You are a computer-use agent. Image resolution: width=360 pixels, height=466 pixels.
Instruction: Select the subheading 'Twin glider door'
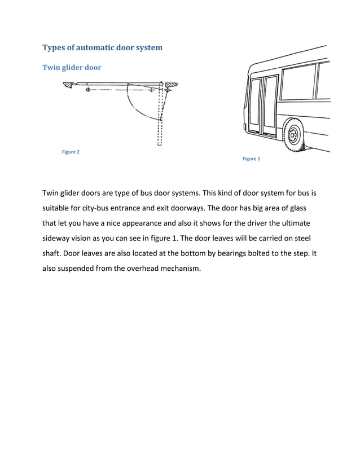pos(72,68)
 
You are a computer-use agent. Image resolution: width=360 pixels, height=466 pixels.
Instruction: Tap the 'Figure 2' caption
pos(71,152)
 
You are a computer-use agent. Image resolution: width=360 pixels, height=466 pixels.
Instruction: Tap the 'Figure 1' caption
pos(251,159)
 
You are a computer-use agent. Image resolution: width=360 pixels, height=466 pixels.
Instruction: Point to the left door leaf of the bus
pos(257,104)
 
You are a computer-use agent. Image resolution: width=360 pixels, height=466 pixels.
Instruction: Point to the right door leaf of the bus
pos(271,104)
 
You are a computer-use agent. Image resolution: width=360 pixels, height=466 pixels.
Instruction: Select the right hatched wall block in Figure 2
pos(172,85)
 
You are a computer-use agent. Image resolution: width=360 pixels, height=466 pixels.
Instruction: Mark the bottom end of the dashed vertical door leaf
pos(160,144)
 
